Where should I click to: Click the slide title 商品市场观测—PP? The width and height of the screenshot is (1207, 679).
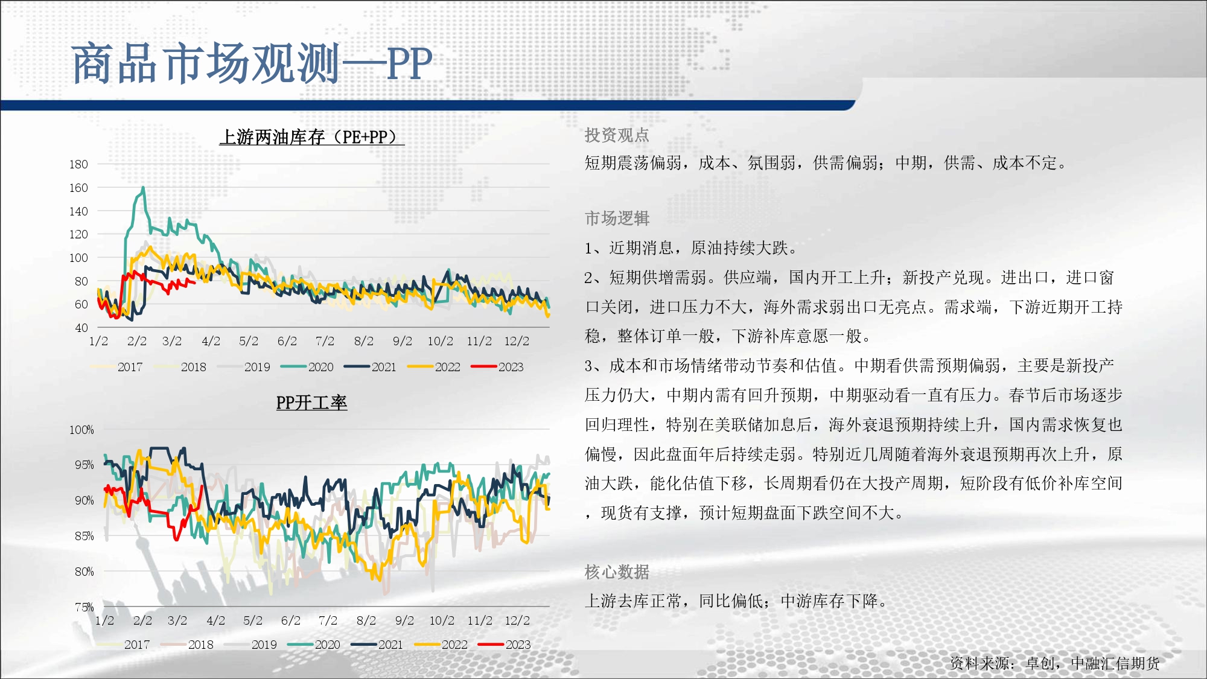click(252, 63)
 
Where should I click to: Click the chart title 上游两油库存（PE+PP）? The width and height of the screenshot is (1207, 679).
click(311, 137)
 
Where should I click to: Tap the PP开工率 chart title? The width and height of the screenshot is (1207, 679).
click(311, 403)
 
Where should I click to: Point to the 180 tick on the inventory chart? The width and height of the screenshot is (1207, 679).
click(78, 164)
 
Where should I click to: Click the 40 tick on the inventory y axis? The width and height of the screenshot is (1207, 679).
click(81, 328)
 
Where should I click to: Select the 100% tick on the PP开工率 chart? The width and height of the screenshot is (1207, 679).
click(81, 430)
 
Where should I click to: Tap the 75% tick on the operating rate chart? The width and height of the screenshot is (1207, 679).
click(84, 607)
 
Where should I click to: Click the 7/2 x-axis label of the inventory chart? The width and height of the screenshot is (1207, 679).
click(325, 341)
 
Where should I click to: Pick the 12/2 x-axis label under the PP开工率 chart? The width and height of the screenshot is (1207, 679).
click(517, 620)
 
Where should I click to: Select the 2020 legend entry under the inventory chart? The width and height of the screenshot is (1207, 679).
click(307, 367)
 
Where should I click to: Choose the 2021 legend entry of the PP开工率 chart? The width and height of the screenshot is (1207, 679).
click(377, 645)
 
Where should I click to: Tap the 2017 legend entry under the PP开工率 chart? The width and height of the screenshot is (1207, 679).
click(123, 645)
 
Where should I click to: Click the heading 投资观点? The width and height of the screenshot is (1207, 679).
click(617, 135)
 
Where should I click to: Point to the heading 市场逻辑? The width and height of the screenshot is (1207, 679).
click(617, 218)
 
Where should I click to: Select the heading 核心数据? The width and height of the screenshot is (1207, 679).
click(617, 572)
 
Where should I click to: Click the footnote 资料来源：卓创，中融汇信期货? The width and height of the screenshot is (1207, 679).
click(1055, 663)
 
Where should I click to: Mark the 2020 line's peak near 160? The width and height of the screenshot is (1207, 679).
click(143, 188)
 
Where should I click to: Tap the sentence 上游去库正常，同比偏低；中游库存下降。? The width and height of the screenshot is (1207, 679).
click(736, 601)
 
